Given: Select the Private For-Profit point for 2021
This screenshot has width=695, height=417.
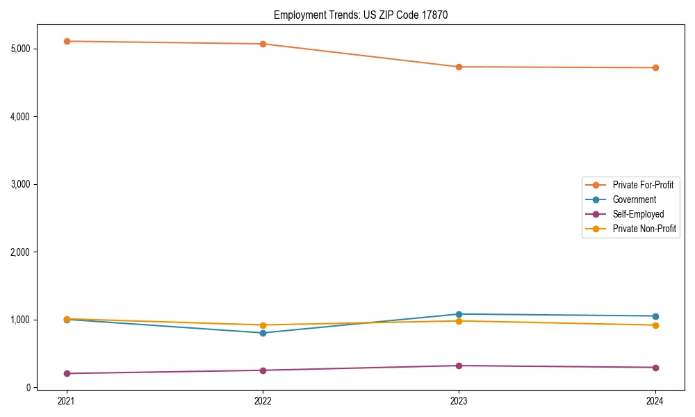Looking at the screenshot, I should pos(67,41).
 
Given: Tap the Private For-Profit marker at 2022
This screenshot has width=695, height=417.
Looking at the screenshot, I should pos(263,44).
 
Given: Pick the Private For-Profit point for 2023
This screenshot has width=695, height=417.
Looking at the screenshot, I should pos(459,67).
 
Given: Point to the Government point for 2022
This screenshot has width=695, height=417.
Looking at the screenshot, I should pos(263,333).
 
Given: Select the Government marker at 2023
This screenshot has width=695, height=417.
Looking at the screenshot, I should pos(459,314).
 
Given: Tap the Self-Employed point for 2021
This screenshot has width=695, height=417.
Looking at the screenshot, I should pos(67,373).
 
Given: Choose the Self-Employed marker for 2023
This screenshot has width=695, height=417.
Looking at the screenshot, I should pos(459,366).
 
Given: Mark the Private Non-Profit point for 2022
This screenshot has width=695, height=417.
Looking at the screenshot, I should pos(263,325).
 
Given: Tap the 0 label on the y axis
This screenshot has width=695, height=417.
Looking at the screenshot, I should pos(28,388).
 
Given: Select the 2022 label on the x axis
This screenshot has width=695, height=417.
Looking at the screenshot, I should pos(263,401).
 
